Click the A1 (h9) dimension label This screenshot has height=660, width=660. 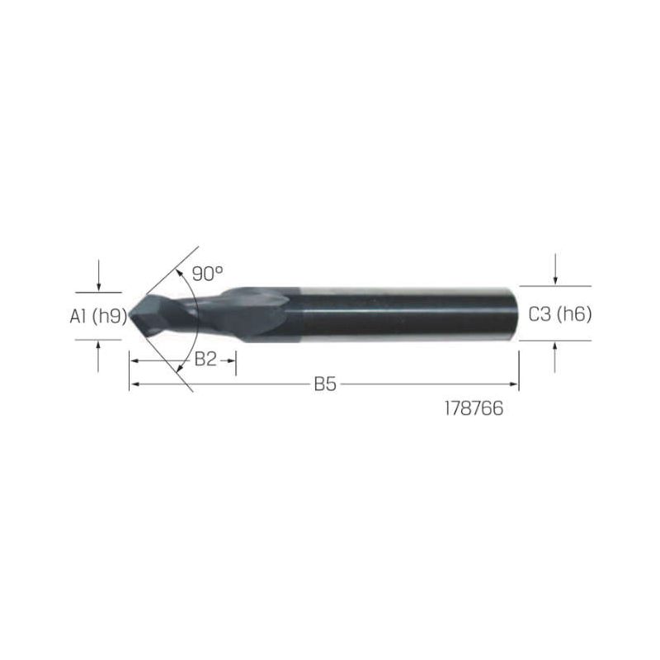pos(98,316)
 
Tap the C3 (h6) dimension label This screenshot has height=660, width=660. pos(560,314)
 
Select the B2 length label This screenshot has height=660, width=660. pos(205,360)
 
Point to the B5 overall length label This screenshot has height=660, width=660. pos(325,384)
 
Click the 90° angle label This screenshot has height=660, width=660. pos(208,274)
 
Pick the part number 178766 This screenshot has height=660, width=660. pos(474,408)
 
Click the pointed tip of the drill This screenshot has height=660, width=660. pos(130,315)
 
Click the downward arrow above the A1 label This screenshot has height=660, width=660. pos(98,276)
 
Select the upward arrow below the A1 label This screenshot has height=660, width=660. pos(98,356)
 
